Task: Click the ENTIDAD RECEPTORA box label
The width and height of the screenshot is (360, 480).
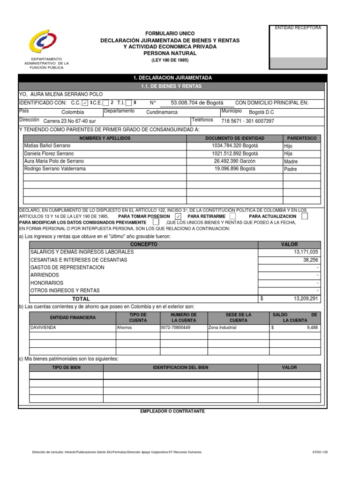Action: pos(298,28)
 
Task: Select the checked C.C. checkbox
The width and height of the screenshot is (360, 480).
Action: pos(85,103)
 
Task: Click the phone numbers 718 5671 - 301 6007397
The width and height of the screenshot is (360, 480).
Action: pos(247,120)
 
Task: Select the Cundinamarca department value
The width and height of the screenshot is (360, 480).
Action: pos(162,112)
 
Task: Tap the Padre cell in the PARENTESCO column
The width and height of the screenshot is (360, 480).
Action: pos(291,169)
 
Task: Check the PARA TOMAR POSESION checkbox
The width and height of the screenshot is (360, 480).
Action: pos(178,217)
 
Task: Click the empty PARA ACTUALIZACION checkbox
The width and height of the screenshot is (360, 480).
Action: pos(305,217)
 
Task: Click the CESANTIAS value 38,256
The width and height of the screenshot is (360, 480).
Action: pos(310,259)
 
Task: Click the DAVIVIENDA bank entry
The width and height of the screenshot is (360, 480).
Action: pos(43,328)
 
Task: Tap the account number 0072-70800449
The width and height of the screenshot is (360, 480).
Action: pos(176,328)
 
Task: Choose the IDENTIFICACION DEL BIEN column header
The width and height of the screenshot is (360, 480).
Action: pos(180,367)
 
